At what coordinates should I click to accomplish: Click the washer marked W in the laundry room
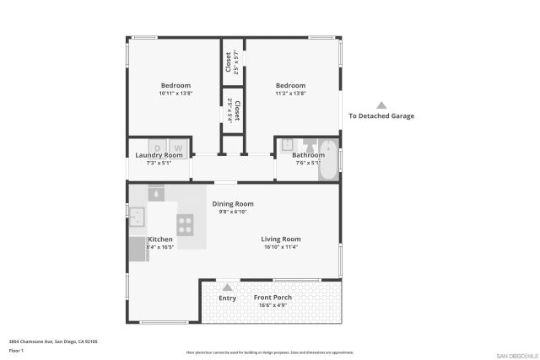tap(178, 148)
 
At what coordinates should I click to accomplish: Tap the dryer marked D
tap(157, 148)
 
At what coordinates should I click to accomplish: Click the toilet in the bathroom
tap(309, 143)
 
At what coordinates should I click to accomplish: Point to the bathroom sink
tap(287, 144)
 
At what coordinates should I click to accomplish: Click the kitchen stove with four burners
tap(186, 224)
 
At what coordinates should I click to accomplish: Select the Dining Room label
tap(233, 204)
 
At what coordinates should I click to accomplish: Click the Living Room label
tap(281, 239)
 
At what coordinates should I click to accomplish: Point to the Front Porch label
tap(273, 298)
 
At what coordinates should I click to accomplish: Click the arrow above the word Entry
tap(227, 287)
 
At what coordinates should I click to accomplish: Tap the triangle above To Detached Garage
tap(381, 105)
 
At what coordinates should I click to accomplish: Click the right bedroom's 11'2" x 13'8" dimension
tap(290, 94)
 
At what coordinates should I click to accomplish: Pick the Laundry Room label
tap(159, 155)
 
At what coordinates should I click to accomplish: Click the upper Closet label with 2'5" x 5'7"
tap(228, 62)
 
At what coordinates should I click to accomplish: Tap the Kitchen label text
tap(160, 239)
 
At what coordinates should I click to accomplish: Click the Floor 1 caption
tap(16, 350)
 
